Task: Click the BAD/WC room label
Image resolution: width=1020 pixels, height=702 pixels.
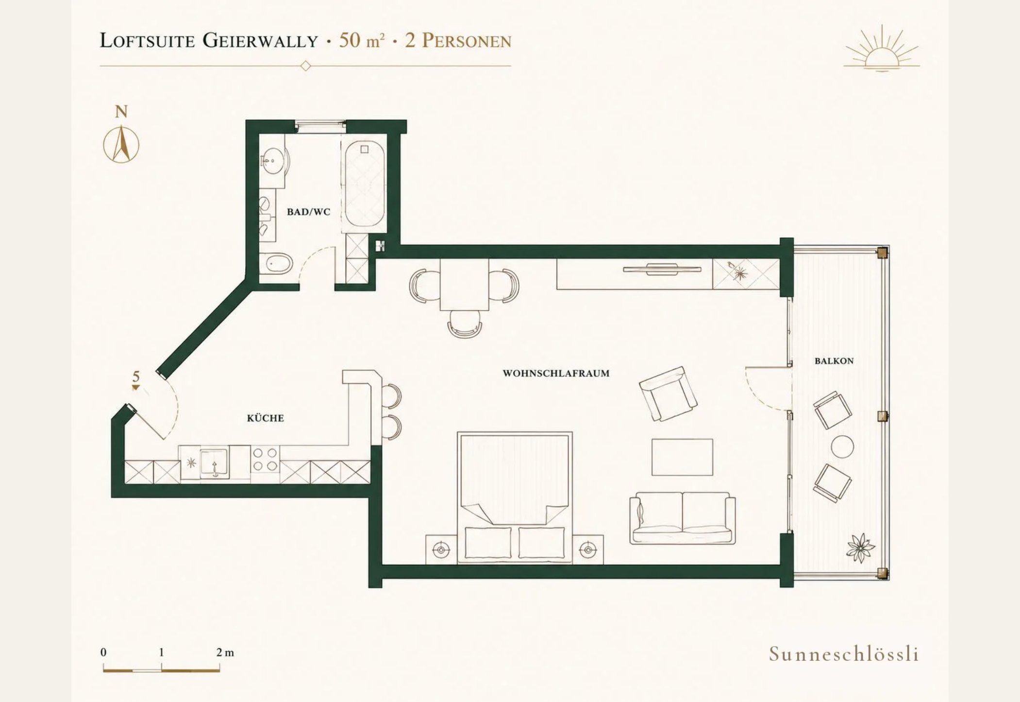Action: click(x=308, y=212)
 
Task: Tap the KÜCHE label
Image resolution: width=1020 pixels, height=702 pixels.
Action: click(x=265, y=418)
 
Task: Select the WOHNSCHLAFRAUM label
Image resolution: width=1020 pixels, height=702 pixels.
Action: click(x=556, y=373)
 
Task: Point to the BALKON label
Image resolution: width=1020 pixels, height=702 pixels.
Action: click(x=834, y=361)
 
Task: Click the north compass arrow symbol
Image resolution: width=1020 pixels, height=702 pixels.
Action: click(x=121, y=144)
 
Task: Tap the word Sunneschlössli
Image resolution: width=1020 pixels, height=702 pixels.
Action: click(x=844, y=654)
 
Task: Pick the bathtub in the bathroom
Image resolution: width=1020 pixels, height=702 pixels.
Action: click(x=365, y=183)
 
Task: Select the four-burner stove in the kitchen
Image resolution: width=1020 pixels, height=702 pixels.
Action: click(x=265, y=459)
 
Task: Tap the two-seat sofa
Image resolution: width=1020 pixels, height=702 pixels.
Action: click(x=682, y=518)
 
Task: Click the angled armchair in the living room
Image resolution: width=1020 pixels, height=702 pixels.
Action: click(x=668, y=394)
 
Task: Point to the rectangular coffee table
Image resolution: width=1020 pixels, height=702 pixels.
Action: click(x=682, y=457)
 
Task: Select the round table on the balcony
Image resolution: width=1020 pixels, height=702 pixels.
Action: click(x=842, y=446)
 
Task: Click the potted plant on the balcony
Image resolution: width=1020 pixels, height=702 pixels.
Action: click(x=860, y=548)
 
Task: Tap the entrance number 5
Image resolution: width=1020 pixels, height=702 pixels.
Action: click(x=136, y=376)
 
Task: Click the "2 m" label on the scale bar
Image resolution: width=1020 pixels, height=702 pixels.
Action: click(x=225, y=652)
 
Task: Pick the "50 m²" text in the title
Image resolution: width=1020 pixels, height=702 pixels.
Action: click(x=361, y=40)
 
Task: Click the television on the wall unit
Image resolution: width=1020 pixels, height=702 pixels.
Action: click(x=662, y=269)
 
